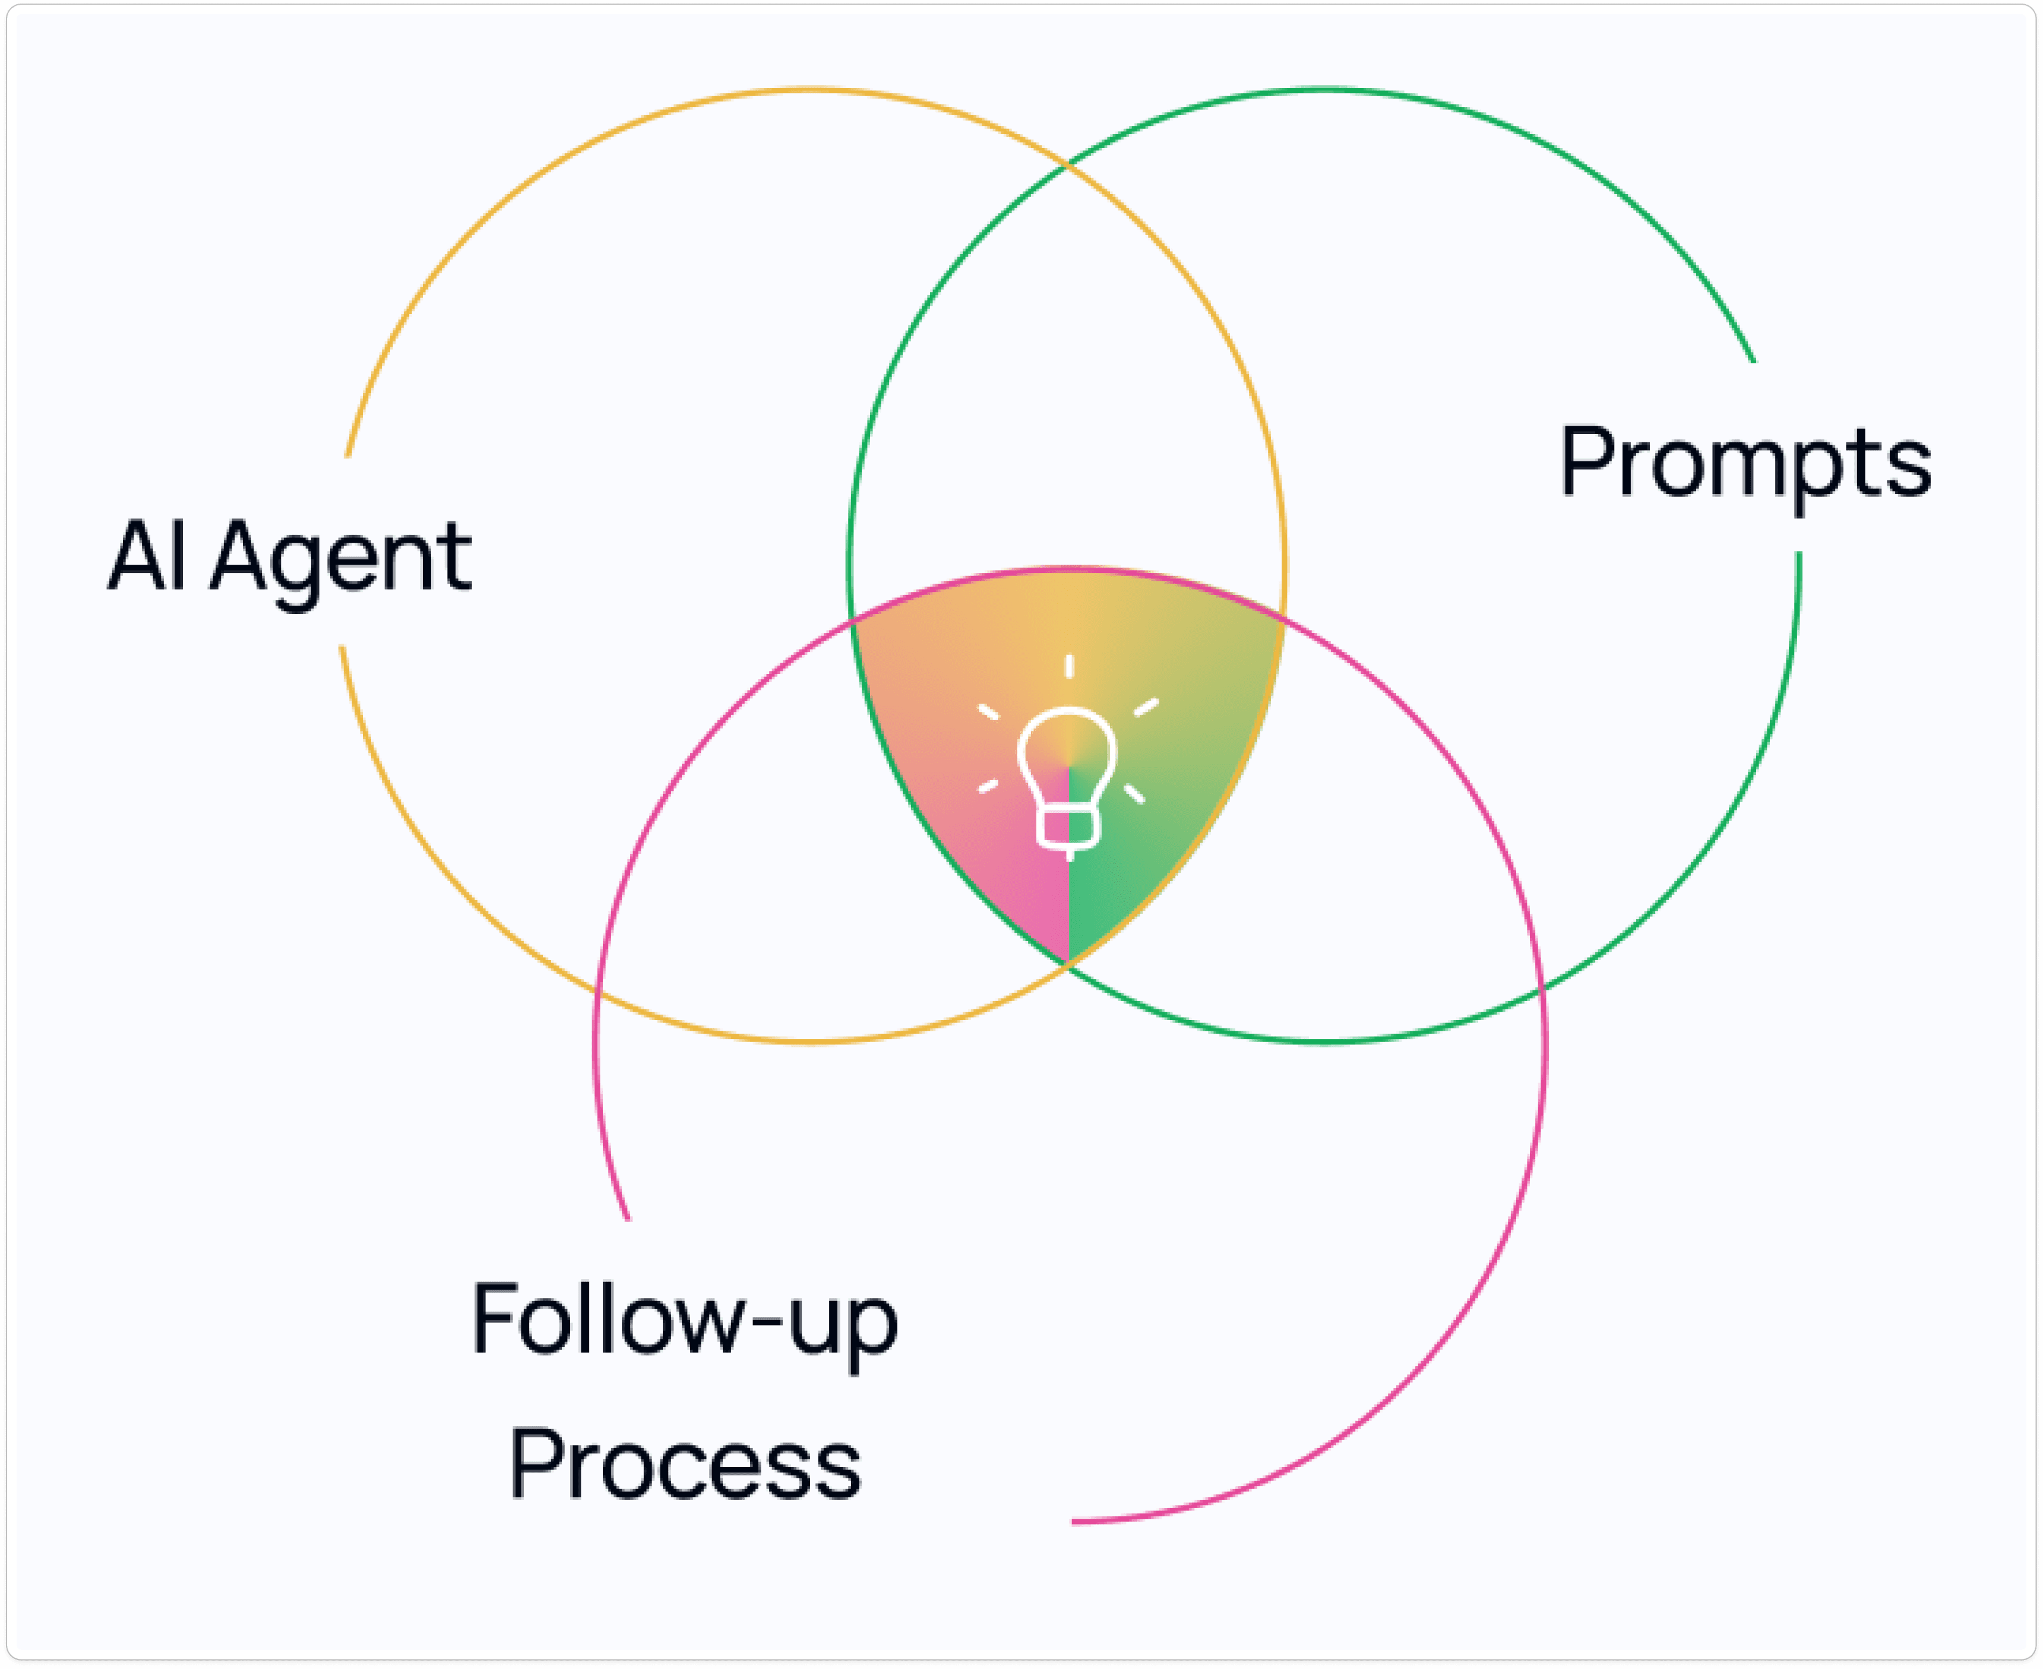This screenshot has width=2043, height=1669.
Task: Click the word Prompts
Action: coord(1745,465)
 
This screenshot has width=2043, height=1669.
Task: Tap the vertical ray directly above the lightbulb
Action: coord(1069,666)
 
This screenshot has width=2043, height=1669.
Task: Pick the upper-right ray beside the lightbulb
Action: coord(1146,708)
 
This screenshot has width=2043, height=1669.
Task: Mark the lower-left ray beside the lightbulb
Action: coord(988,787)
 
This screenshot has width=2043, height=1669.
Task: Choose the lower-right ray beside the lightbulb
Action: coord(1134,794)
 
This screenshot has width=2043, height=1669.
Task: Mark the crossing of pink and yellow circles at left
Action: coord(596,989)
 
